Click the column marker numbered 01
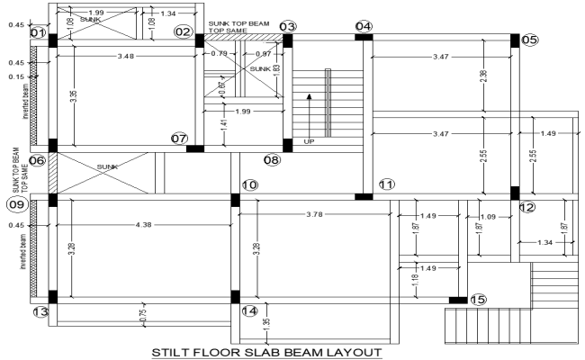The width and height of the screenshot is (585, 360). click(x=37, y=33)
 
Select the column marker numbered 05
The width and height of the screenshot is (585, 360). click(x=529, y=40)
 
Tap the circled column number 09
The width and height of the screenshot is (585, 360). click(x=17, y=204)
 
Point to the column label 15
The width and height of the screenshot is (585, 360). click(x=478, y=300)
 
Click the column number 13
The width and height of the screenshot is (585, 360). click(x=40, y=312)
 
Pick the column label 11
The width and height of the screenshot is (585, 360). click(x=387, y=184)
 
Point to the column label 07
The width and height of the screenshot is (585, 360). click(x=179, y=139)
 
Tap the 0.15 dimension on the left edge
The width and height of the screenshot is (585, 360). click(x=16, y=77)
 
